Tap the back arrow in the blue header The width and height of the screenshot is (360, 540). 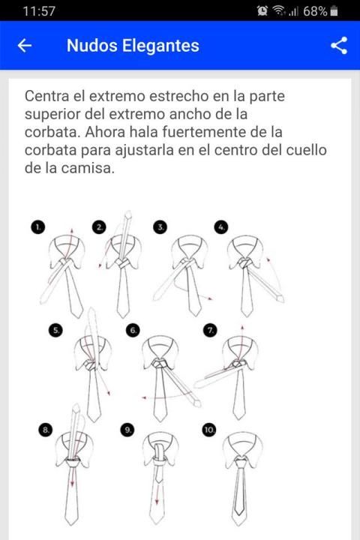[25, 46]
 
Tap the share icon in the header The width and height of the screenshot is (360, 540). [339, 46]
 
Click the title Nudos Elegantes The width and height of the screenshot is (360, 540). [133, 46]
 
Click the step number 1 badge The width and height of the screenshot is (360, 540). [38, 227]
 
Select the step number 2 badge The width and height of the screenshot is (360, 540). [99, 227]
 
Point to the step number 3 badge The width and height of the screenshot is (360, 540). [160, 227]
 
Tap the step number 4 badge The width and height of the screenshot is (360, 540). [221, 227]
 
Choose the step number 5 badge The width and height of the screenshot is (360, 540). [55, 331]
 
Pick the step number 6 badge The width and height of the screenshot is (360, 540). [133, 331]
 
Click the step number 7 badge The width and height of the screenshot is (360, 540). [210, 331]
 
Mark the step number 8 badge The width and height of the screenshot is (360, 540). [46, 430]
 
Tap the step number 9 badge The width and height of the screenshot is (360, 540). [127, 430]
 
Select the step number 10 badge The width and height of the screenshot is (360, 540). [209, 430]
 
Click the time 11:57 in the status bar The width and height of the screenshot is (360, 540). [39, 11]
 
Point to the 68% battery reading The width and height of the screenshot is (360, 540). [315, 11]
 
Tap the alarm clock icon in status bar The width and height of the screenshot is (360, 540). [262, 11]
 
